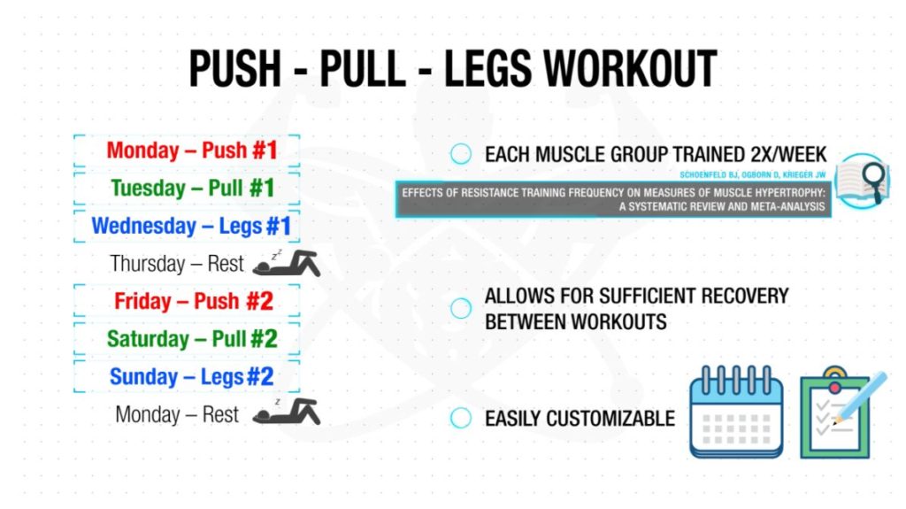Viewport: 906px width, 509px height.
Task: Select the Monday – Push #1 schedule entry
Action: click(x=192, y=150)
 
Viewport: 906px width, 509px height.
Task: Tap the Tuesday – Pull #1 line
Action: click(x=192, y=188)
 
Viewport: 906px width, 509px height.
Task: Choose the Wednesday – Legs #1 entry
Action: click(x=191, y=226)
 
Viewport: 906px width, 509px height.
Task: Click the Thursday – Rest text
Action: click(x=177, y=264)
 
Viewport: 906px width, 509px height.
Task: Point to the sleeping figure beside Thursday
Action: click(x=287, y=264)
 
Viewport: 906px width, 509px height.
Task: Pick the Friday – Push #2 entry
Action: click(x=194, y=301)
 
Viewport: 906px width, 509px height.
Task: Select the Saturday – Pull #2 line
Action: click(x=192, y=339)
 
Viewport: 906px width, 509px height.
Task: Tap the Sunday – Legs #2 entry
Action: click(x=192, y=377)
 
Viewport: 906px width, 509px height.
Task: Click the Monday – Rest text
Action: click(x=177, y=414)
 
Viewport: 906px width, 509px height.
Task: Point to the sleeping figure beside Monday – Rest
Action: click(x=287, y=412)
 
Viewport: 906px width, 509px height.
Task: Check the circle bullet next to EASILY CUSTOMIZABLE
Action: click(x=460, y=418)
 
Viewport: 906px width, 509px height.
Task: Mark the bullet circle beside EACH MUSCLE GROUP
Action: click(x=460, y=154)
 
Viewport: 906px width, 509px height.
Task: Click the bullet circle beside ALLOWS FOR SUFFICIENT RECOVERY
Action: click(x=460, y=308)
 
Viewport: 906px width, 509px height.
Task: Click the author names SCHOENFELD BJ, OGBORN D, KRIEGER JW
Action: click(x=752, y=174)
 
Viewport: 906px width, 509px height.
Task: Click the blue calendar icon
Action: click(x=737, y=412)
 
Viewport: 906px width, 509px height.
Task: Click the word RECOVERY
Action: click(x=745, y=297)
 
